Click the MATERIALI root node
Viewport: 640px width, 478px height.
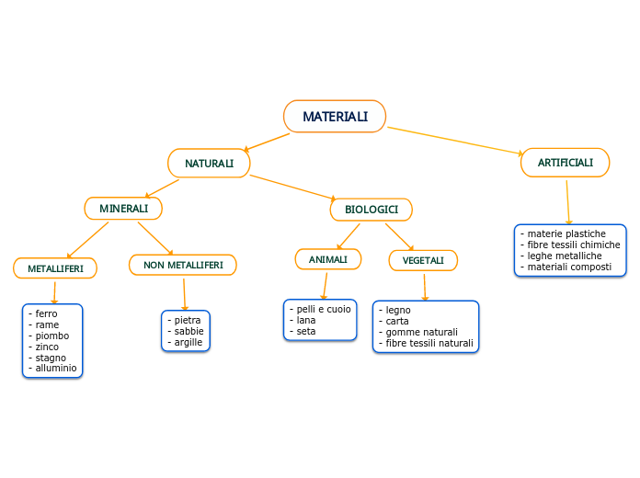coord(335,117)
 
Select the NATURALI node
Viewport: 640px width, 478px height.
coord(209,164)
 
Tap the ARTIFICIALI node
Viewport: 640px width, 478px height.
coord(565,163)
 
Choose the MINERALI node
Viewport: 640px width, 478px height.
coord(123,209)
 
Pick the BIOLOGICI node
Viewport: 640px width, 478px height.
coord(371,210)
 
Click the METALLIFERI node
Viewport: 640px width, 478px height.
coord(55,268)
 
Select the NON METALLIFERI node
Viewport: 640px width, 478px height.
coord(183,265)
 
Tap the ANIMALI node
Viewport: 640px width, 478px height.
coord(327,260)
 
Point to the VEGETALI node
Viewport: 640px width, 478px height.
coord(423,260)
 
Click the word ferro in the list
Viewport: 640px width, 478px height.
coord(46,314)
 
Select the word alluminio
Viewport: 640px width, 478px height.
coord(56,368)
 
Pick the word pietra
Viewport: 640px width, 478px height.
coord(187,320)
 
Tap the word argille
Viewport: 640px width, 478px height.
coord(188,342)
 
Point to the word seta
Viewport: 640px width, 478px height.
coord(306,331)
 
